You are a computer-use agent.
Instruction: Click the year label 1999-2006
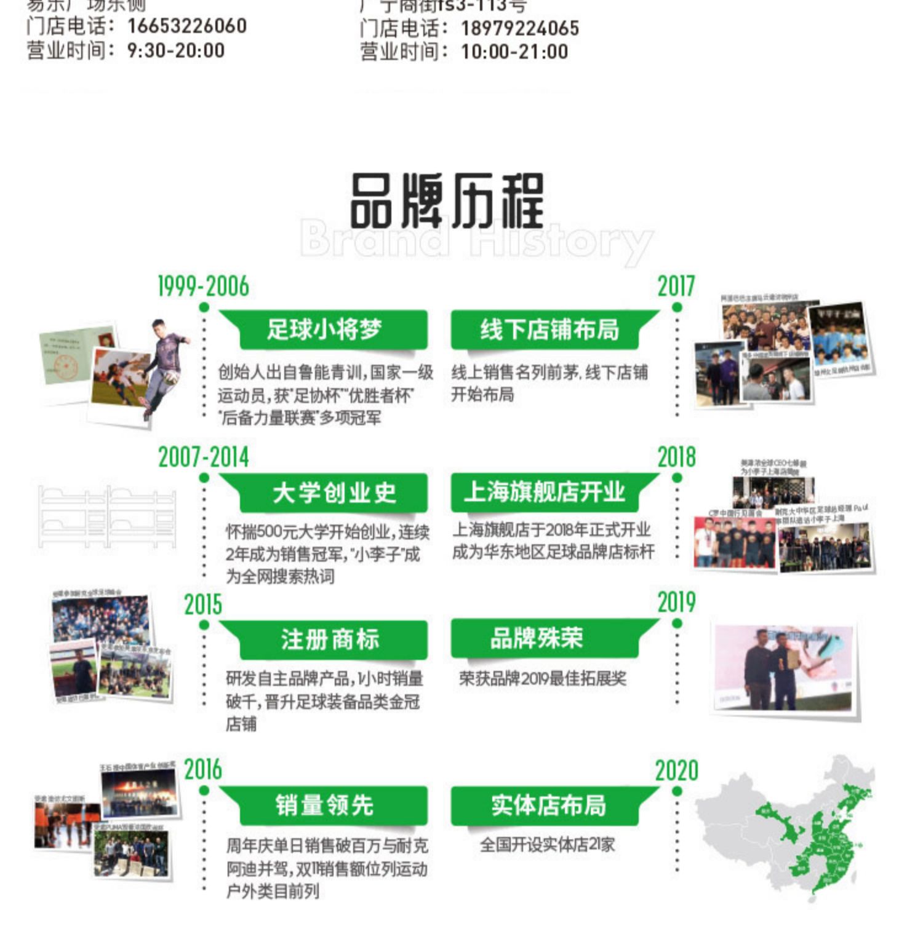(203, 287)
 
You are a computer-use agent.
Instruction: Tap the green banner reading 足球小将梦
(324, 330)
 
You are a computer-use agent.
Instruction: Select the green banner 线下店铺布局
(549, 330)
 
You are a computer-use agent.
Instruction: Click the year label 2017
(676, 287)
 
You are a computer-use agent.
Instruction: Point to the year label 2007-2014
(203, 457)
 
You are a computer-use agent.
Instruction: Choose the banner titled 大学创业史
(334, 493)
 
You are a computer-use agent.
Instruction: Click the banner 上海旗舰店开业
(545, 492)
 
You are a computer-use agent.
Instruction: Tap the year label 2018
(676, 457)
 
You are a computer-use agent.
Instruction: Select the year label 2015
(203, 604)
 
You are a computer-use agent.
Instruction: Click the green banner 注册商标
(330, 639)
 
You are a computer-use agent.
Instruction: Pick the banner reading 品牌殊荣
(536, 638)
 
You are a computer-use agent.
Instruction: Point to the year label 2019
(676, 603)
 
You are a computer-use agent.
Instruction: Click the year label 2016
(203, 769)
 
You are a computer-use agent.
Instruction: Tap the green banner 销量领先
(324, 805)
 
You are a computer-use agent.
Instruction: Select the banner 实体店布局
(548, 805)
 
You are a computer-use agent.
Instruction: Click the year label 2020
(676, 770)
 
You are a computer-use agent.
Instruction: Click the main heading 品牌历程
(447, 201)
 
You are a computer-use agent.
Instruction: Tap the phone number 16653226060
(187, 26)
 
